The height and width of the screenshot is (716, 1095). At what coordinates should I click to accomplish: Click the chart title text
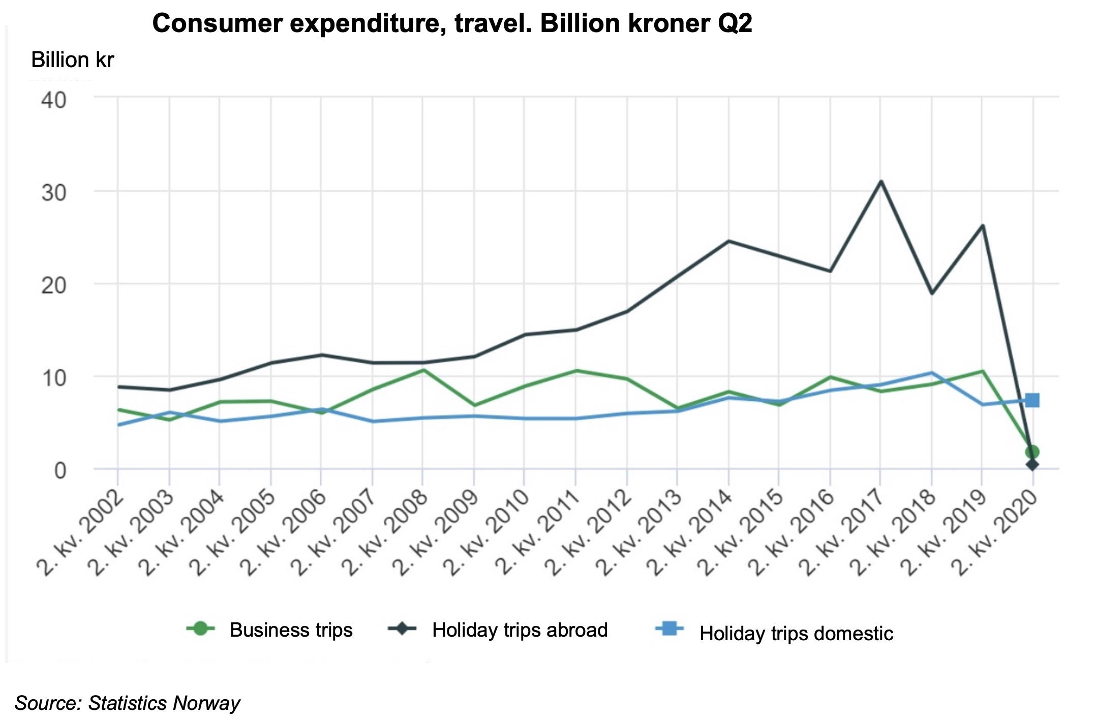coord(452,23)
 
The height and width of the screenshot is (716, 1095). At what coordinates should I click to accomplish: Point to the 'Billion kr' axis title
coord(72,60)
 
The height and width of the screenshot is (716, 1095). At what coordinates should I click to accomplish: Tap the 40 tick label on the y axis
coord(54,100)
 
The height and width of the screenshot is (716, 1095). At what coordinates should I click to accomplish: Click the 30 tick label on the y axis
coord(54,193)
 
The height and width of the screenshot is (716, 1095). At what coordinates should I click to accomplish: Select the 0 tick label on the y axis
coord(60,470)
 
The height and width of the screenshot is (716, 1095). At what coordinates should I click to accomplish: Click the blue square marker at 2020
coord(1032,401)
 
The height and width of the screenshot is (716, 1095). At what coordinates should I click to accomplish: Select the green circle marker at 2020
coord(1032,452)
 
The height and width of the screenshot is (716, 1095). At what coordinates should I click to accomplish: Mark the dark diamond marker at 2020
coord(1032,464)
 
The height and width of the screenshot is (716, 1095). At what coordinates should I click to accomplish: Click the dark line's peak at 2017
coord(880,181)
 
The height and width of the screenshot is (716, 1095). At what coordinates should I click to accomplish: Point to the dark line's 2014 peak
coord(728,241)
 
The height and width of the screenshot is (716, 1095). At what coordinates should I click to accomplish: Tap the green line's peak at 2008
coord(423,370)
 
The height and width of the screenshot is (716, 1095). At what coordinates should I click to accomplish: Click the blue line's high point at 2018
coord(931,373)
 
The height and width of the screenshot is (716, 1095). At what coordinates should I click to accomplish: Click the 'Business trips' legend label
coord(291,630)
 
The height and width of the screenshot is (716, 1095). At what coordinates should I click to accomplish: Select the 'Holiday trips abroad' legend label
coord(520,630)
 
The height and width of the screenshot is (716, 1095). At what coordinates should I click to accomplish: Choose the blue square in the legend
coord(670,630)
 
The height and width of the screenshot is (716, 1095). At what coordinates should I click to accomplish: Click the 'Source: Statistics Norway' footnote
coord(127,703)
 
